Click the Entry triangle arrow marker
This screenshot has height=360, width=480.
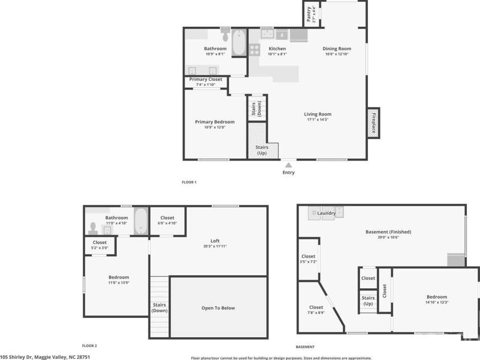(288, 165)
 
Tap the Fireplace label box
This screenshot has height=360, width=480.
(374, 122)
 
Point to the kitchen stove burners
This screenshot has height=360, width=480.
(254, 49)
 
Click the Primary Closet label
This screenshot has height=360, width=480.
(206, 79)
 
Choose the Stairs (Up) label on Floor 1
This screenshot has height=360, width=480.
(261, 150)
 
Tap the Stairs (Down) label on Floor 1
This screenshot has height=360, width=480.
(256, 108)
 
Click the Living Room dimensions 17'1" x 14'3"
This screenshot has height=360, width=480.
(317, 120)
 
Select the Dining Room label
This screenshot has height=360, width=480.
(337, 49)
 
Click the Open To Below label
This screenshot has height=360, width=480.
(218, 308)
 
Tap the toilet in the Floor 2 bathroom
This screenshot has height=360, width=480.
(93, 228)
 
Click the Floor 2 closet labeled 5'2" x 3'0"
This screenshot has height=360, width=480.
(100, 245)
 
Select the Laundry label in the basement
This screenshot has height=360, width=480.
(326, 214)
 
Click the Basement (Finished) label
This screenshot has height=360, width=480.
(388, 232)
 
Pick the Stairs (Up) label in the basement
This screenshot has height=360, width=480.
(368, 301)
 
